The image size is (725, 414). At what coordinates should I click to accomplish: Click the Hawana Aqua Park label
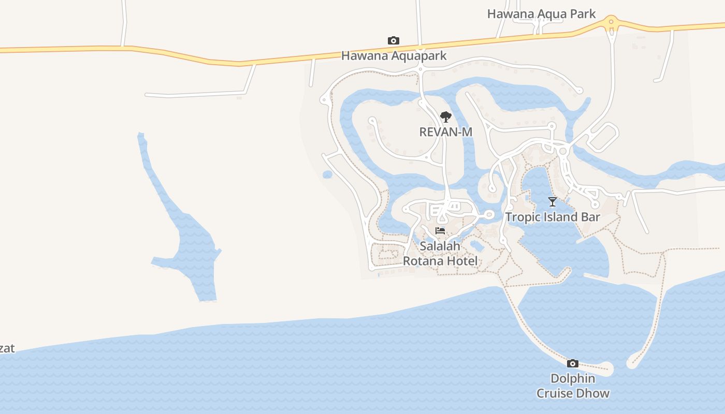pos(541,14)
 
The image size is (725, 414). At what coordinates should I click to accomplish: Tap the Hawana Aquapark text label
pos(394,55)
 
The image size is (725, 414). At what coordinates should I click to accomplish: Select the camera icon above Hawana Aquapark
pos(394,40)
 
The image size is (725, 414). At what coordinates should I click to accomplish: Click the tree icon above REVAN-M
pos(445,117)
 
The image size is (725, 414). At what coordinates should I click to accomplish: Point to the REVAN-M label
pos(445,132)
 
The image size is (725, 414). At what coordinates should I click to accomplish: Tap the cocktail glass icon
pos(553,202)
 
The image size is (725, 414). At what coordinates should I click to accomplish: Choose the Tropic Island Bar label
pos(553,217)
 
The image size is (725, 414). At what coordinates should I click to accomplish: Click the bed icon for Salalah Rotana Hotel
pos(440,231)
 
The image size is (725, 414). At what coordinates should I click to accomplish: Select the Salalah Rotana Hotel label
pos(440,254)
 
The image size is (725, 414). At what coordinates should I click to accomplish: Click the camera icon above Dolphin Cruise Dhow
pos(572,363)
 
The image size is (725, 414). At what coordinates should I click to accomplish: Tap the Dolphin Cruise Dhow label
pos(573,386)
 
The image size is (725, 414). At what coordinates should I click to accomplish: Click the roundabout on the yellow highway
pos(612,22)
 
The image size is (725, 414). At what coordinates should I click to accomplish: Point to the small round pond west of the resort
pos(327,174)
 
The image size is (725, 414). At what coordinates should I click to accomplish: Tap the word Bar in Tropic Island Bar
pos(590,217)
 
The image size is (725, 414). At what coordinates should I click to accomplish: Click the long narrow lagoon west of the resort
pos(192,243)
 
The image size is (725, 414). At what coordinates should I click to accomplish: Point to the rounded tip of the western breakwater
pos(607,369)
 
